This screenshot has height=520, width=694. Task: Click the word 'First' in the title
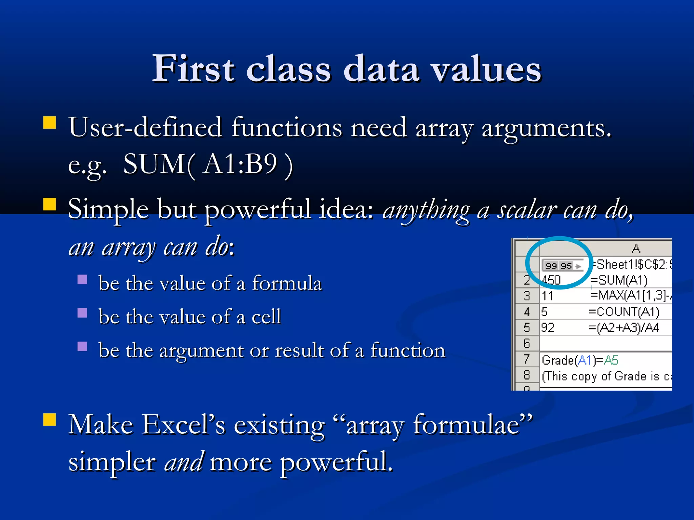[x=193, y=69]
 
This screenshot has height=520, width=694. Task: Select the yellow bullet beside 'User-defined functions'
[x=49, y=123]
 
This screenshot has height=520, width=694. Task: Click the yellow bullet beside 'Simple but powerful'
[x=49, y=204]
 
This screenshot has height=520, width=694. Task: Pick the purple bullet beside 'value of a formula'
[x=82, y=279]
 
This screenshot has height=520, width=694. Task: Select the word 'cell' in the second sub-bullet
[x=266, y=317]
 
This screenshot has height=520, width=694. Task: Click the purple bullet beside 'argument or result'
[x=82, y=346]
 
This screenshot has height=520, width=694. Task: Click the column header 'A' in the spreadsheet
[x=636, y=249]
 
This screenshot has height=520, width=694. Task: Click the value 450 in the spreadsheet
[x=551, y=280]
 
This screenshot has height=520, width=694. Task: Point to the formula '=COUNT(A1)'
[x=624, y=312]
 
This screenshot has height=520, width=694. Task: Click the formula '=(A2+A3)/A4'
[x=624, y=328]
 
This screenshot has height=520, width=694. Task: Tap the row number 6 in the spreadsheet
[x=526, y=344]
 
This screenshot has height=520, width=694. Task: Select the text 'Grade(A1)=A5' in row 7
[x=580, y=360]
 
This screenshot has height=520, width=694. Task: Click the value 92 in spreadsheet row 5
[x=548, y=328]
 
